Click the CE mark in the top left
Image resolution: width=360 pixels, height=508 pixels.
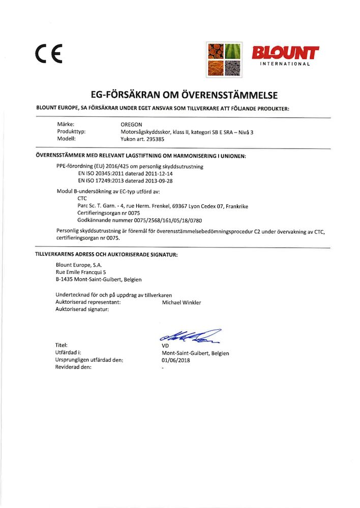coord(48,52)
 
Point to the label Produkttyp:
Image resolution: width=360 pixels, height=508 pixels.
coord(72,132)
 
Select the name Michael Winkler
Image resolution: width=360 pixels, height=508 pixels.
coord(181,302)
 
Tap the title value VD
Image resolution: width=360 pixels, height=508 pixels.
coord(165,345)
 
